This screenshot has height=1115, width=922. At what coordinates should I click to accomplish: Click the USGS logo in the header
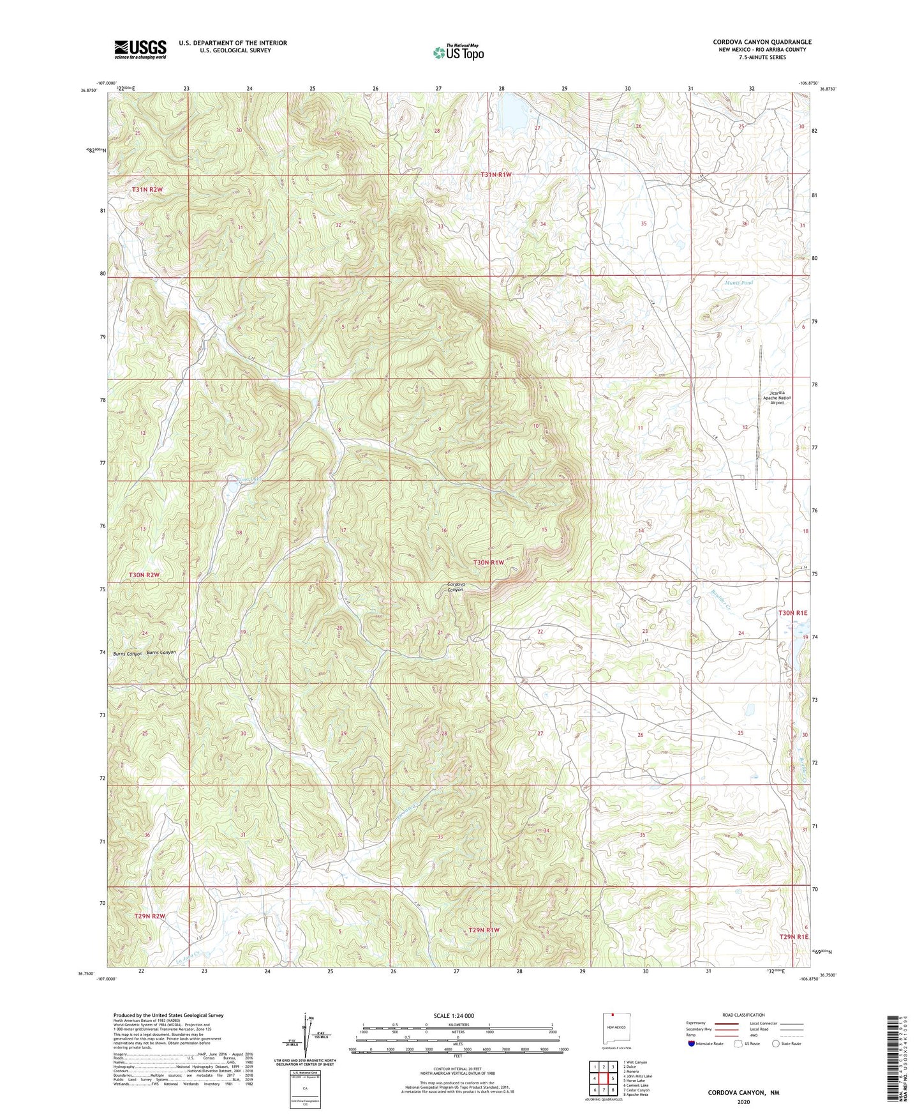point(140,49)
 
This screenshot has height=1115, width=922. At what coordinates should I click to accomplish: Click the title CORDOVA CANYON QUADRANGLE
point(762,42)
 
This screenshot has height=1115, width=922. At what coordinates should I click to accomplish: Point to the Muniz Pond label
point(739,282)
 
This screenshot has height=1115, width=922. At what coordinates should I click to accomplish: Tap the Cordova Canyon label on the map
point(455,586)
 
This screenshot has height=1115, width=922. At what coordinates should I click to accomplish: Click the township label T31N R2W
point(147,190)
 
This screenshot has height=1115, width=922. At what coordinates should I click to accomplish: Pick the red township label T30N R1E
point(792,613)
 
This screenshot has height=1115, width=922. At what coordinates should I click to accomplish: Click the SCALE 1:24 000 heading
point(454,1015)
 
